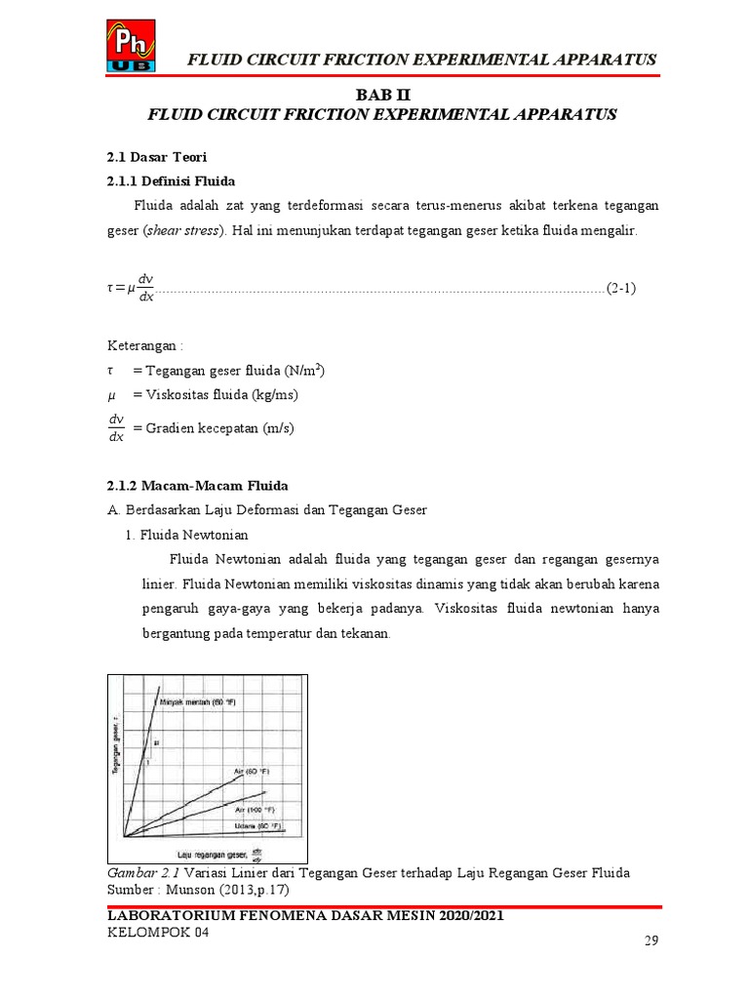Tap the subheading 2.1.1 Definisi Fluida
(170, 180)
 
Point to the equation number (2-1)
(620, 289)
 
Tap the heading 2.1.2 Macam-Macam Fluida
(196, 485)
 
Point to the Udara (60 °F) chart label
(258, 825)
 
